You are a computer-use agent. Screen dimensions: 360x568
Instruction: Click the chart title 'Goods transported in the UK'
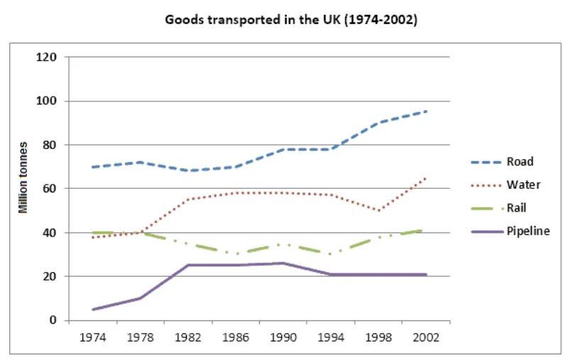(291, 20)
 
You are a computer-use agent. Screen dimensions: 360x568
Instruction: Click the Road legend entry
(510, 161)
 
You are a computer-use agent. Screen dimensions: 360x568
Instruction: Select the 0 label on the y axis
(54, 320)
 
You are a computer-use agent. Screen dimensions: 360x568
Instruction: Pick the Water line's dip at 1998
(379, 211)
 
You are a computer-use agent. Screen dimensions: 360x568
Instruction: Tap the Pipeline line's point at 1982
(187, 266)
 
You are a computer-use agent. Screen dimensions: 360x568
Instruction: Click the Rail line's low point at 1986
(235, 254)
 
